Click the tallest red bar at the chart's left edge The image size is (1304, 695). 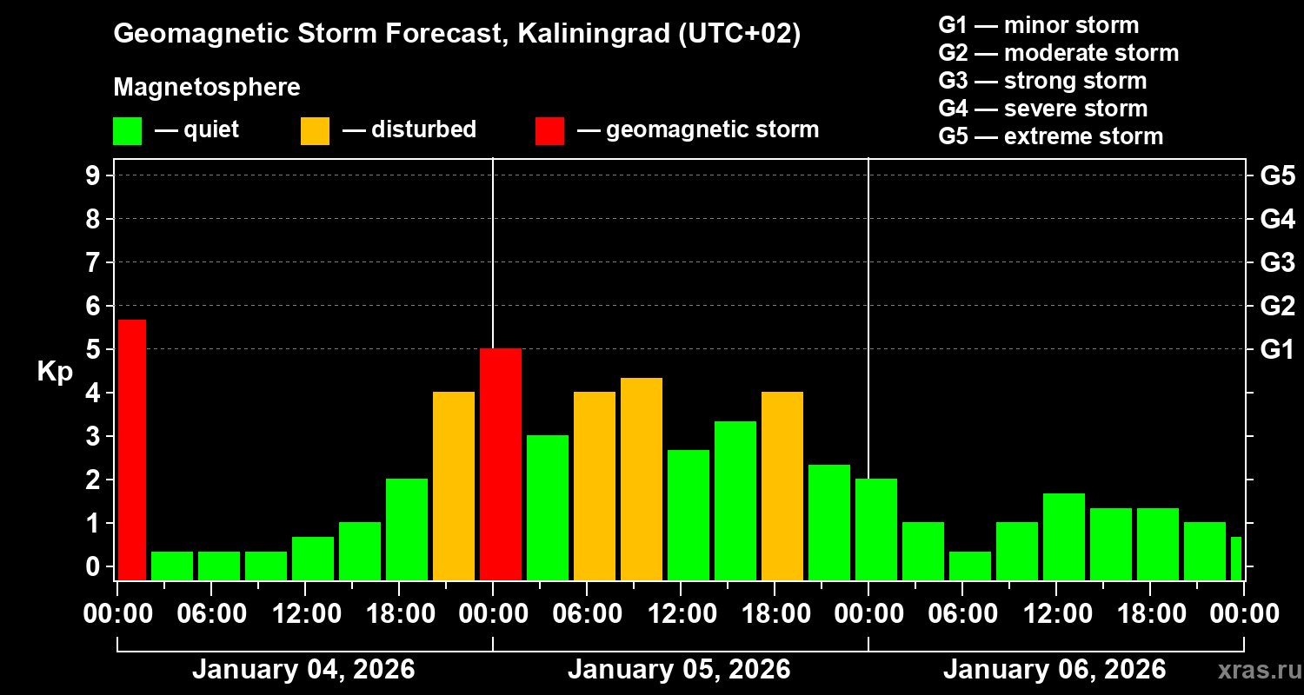click(131, 449)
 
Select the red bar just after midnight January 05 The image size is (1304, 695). click(501, 464)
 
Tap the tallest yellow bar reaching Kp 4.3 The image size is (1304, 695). click(642, 479)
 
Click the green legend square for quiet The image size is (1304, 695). click(127, 130)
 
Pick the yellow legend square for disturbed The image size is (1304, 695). click(315, 130)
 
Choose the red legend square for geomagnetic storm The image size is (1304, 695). click(549, 130)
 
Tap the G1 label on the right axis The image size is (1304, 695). click(1277, 349)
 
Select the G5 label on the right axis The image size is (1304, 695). click(1277, 175)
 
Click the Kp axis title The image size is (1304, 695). click(55, 371)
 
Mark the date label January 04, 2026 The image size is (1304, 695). click(303, 670)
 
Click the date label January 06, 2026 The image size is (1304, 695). click(1055, 670)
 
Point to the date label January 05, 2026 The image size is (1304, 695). click(679, 670)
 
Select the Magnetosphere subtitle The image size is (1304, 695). click(207, 88)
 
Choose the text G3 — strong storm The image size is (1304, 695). click(1042, 81)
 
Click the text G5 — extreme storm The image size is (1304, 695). click(1050, 136)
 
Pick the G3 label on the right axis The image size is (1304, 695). click(1277, 262)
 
